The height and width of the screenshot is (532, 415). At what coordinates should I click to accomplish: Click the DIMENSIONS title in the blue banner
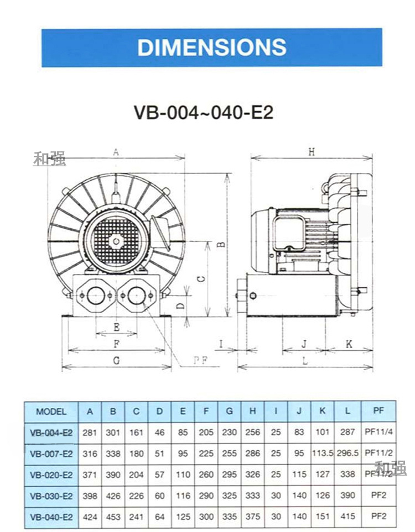click(212, 47)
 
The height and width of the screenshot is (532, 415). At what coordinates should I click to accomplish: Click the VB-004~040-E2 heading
click(203, 112)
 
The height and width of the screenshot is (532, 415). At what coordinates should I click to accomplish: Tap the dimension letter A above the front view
click(116, 152)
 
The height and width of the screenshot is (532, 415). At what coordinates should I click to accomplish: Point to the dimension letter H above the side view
click(312, 152)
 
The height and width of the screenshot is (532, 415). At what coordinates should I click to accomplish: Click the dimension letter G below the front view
click(116, 361)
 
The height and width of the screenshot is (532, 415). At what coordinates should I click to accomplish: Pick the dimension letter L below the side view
click(305, 361)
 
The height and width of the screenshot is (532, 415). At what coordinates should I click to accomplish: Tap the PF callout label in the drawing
click(200, 360)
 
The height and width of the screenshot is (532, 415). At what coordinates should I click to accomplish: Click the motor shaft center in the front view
click(115, 240)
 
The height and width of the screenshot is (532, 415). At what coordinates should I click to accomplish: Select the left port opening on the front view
click(96, 296)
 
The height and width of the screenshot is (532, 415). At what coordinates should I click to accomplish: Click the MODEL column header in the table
click(51, 412)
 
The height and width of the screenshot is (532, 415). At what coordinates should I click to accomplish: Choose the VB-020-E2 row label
click(51, 475)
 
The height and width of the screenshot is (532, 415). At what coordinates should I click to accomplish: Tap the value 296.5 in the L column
click(347, 454)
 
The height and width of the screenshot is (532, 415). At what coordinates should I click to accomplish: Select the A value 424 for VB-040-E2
click(89, 518)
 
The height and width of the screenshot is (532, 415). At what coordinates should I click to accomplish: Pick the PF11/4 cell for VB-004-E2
click(378, 433)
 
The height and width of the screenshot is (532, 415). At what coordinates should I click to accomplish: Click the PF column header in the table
click(378, 412)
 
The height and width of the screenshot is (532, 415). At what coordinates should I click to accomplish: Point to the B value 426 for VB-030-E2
click(113, 496)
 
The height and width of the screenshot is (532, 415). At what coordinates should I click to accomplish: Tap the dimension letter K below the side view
click(349, 344)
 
